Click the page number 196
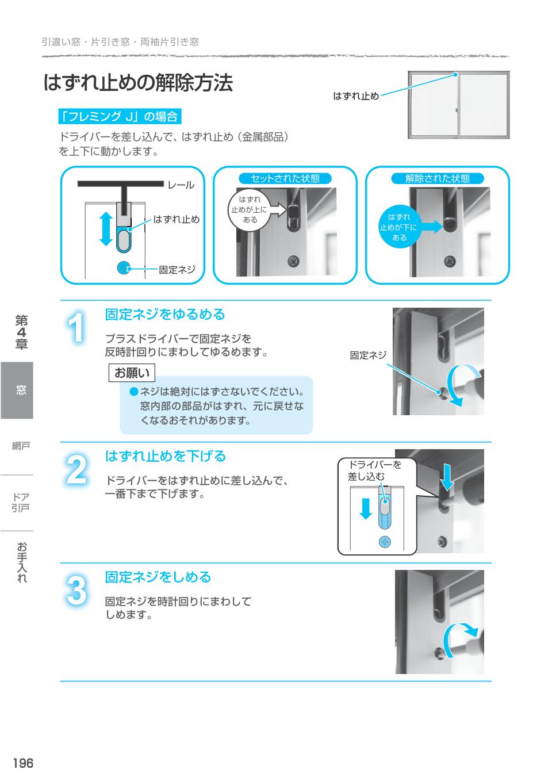[23, 763]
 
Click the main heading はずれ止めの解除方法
[138, 83]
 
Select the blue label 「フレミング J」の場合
[120, 117]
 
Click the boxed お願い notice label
[132, 373]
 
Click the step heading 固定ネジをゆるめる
[164, 315]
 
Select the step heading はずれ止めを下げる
[165, 456]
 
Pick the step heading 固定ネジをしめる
[158, 577]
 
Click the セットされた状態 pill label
[285, 178]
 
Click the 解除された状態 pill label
[438, 178]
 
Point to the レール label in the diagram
[181, 185]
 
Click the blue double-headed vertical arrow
[105, 228]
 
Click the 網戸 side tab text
[21, 446]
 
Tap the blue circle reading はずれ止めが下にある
[398, 227]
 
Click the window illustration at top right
[458, 105]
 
